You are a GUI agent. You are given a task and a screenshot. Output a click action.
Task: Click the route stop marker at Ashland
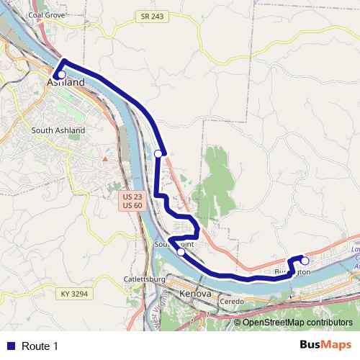click(x=61, y=74)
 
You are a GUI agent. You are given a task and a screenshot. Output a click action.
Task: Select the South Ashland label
click(x=58, y=130)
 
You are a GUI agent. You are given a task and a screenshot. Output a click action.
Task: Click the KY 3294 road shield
click(x=74, y=294)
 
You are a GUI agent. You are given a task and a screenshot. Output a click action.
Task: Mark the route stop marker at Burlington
click(x=305, y=261)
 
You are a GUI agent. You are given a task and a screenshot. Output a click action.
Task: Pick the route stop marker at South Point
click(x=181, y=252)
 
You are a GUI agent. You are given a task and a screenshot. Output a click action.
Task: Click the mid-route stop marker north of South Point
click(x=158, y=153)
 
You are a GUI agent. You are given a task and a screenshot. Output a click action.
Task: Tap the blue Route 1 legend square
click(x=10, y=346)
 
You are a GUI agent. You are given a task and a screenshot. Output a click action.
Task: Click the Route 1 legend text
click(x=40, y=346)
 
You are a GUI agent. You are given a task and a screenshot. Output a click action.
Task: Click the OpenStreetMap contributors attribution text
click(x=293, y=322)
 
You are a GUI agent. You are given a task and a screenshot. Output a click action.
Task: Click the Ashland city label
click(x=66, y=83)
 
